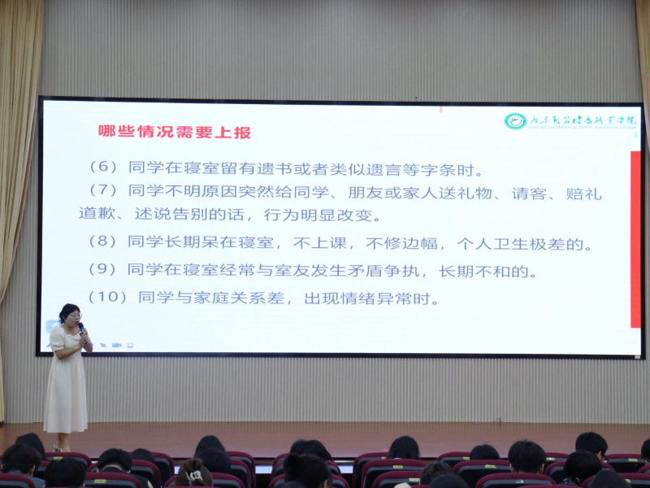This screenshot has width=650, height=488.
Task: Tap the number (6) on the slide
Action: point(103,168)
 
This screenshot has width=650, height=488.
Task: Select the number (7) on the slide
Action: point(103,192)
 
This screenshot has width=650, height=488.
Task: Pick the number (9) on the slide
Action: point(103,270)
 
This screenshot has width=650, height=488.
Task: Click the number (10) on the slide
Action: point(108,298)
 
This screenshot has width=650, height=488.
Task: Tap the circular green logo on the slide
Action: point(515,121)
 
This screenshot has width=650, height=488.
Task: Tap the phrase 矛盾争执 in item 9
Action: point(386,271)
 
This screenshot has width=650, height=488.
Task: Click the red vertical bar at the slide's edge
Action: point(635,240)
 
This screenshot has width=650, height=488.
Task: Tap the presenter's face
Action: point(71,316)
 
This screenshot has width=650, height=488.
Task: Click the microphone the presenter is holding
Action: point(82,329)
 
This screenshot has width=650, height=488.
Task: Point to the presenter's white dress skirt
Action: point(65,399)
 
